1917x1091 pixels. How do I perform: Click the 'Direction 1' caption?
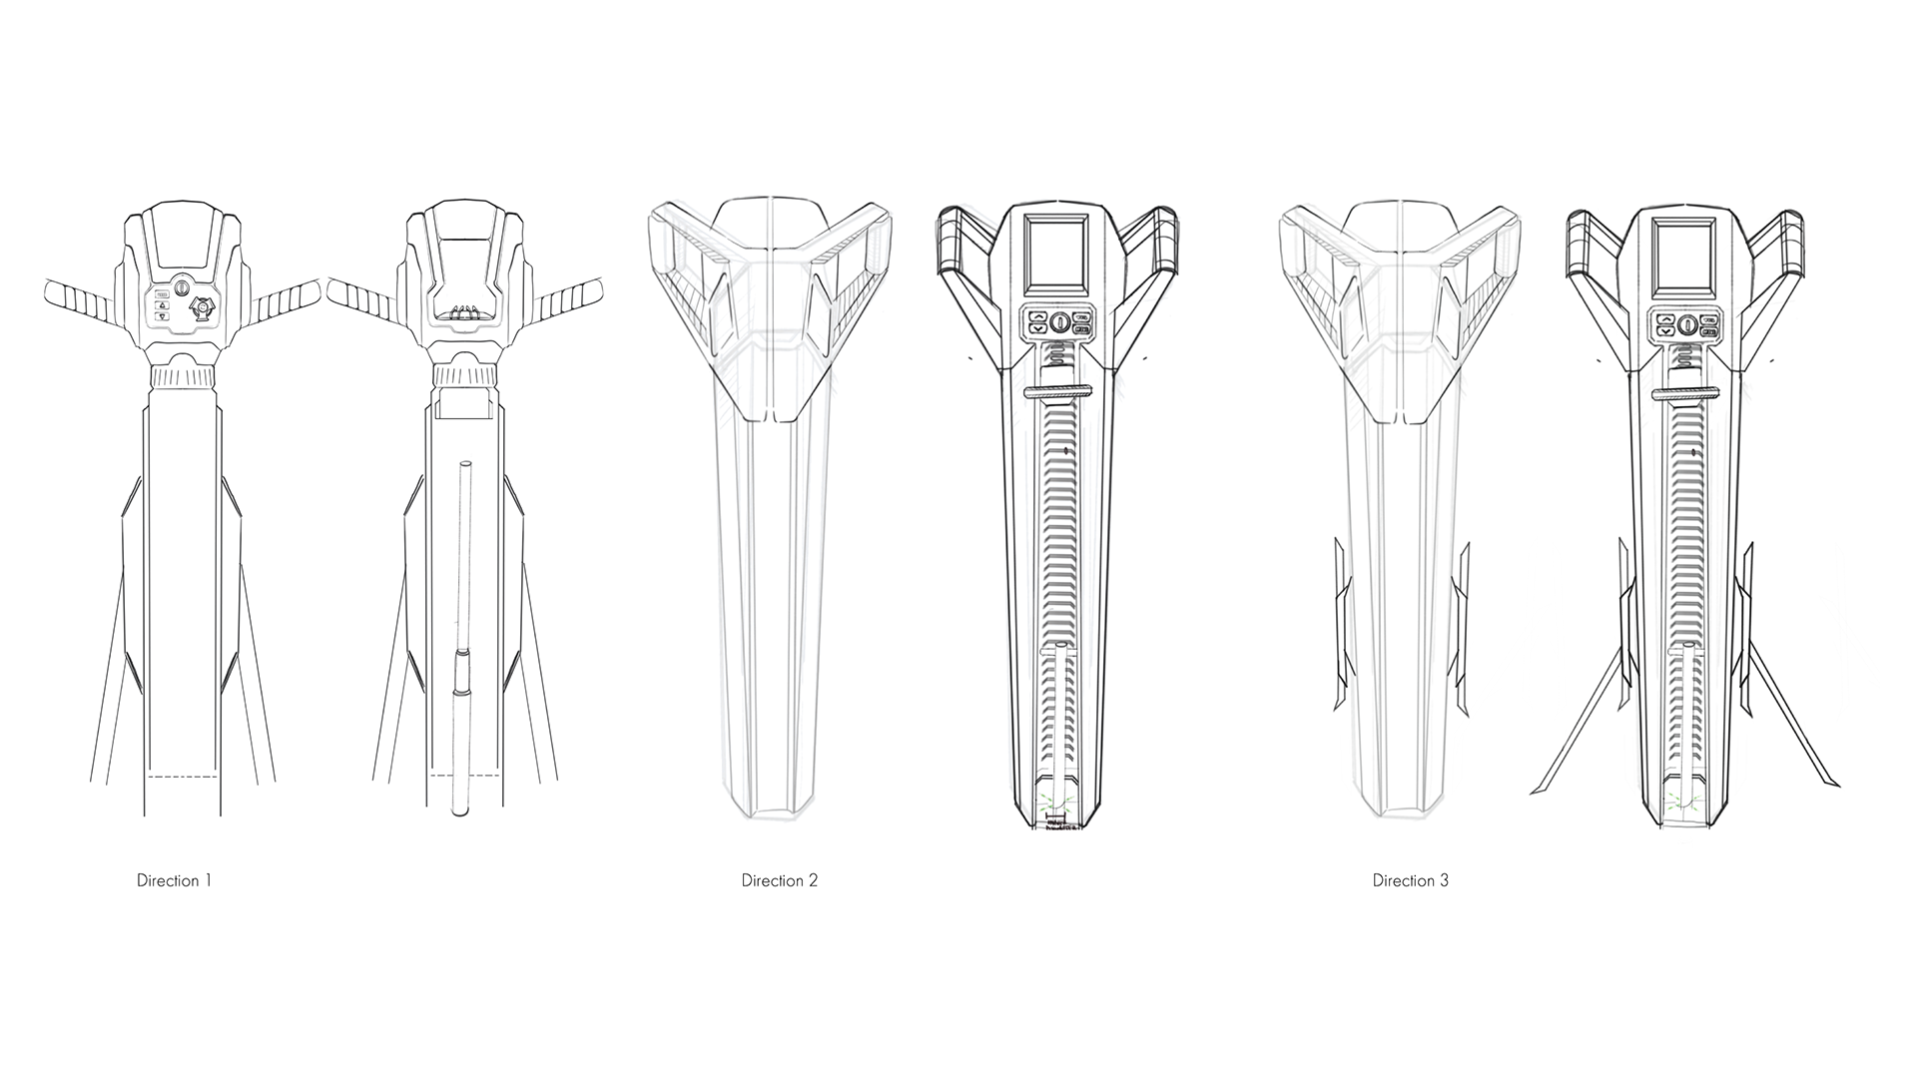point(174,880)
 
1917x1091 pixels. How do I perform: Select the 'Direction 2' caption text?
point(779,880)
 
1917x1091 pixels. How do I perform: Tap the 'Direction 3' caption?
point(1410,880)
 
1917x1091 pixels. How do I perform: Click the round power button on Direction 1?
point(182,287)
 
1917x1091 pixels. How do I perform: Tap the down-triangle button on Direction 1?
point(161,316)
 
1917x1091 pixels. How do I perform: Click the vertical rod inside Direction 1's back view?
point(461,639)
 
